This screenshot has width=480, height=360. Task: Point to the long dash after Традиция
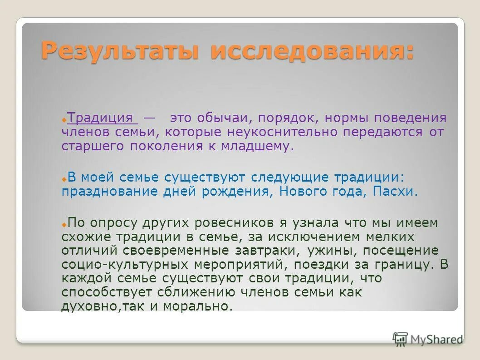click(149, 118)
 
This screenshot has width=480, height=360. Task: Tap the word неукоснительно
click(279, 132)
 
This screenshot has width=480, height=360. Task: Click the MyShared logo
click(428, 339)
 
